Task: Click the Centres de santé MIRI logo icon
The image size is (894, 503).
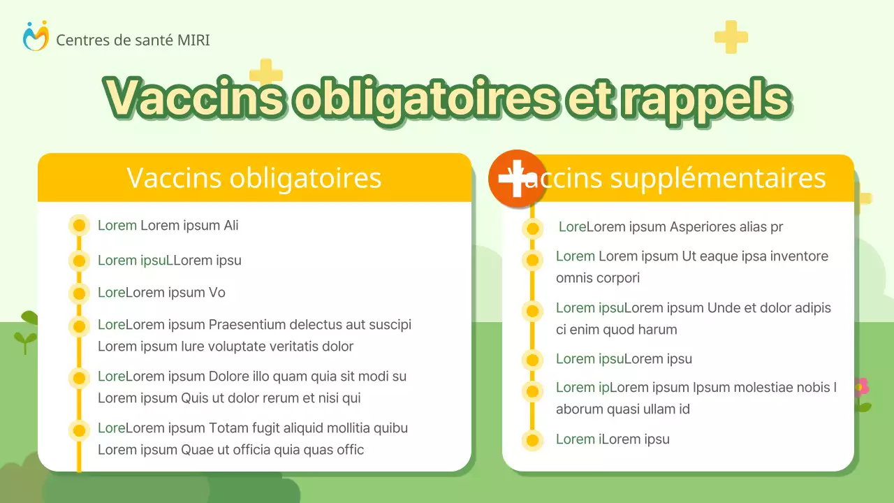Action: pyautogui.click(x=36, y=36)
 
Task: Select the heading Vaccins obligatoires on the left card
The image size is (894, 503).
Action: pyautogui.click(x=254, y=177)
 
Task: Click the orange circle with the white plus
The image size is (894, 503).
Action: pyautogui.click(x=516, y=179)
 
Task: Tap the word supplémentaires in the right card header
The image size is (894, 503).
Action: pyautogui.click(x=718, y=178)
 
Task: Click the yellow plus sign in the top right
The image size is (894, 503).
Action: pyautogui.click(x=731, y=37)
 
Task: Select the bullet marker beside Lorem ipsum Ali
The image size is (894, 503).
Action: pyautogui.click(x=79, y=225)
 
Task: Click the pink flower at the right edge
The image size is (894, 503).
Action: pyautogui.click(x=860, y=386)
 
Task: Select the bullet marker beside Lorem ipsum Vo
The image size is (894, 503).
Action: pyautogui.click(x=79, y=293)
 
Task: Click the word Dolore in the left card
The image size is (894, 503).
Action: pyautogui.click(x=228, y=376)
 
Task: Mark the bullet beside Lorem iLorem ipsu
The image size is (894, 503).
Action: pyautogui.click(x=532, y=440)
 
